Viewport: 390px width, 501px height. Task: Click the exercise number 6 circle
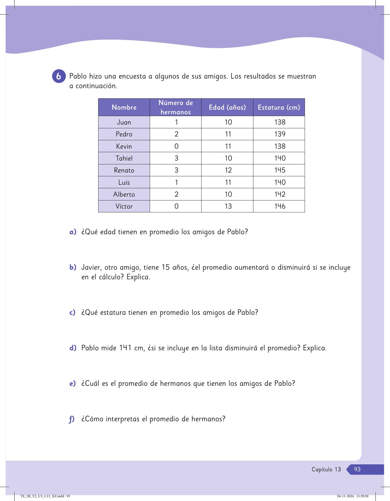(x=59, y=77)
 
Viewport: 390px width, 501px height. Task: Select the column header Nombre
(x=124, y=107)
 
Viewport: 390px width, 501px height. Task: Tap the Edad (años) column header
(x=227, y=107)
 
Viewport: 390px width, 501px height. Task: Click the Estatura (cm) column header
(x=279, y=107)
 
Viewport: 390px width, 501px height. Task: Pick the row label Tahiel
(x=124, y=158)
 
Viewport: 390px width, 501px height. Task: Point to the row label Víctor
(x=124, y=206)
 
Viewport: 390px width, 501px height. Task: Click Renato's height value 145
(x=280, y=170)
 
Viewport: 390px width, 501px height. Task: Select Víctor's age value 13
(x=228, y=206)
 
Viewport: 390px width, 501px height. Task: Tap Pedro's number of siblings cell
(x=176, y=134)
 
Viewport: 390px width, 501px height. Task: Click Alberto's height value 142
(x=280, y=194)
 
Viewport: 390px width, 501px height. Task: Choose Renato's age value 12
(x=228, y=170)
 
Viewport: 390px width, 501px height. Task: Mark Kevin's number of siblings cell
(x=176, y=146)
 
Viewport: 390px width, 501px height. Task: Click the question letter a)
(x=73, y=232)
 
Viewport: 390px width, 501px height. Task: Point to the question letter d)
(x=73, y=348)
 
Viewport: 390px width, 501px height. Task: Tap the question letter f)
(x=72, y=419)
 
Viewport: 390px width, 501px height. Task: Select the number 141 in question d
(x=125, y=348)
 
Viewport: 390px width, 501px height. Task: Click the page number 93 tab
(x=357, y=469)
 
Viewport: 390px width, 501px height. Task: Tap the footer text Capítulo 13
(x=326, y=469)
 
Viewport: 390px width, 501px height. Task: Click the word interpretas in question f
(x=122, y=419)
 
